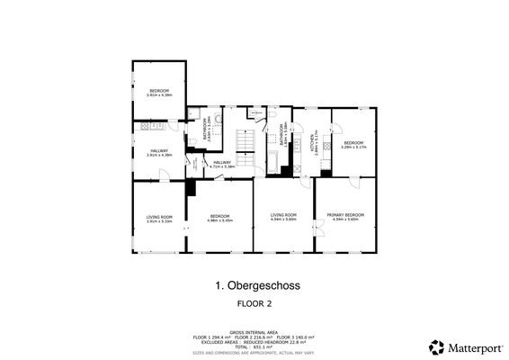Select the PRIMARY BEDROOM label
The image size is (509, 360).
[345, 216]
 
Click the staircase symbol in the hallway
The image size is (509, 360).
[244, 142]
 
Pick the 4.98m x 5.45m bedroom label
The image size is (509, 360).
[219, 218]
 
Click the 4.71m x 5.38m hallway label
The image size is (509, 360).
[221, 164]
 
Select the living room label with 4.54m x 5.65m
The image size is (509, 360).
[283, 216]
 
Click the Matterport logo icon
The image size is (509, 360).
[435, 346]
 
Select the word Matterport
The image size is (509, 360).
[469, 346]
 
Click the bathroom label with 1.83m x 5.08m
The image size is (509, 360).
[282, 135]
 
